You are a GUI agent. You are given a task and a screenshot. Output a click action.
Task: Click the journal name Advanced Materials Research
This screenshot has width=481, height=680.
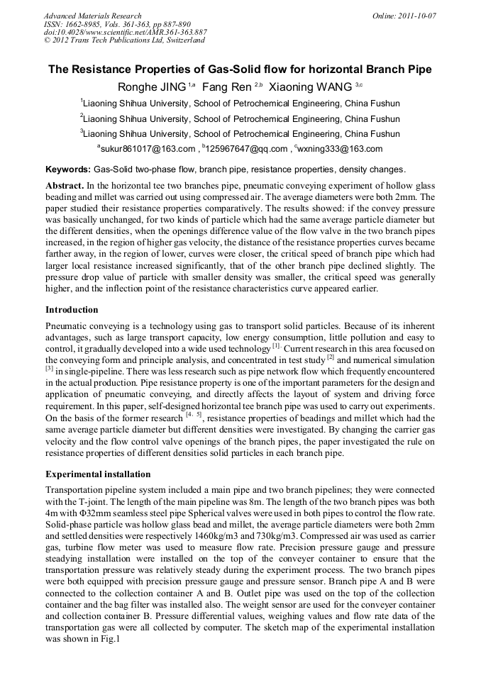pyautogui.click(x=92, y=16)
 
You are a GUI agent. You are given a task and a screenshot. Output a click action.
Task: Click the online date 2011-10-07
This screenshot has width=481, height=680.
pyautogui.click(x=418, y=16)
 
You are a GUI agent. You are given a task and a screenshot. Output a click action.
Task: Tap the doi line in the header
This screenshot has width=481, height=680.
pyautogui.click(x=125, y=33)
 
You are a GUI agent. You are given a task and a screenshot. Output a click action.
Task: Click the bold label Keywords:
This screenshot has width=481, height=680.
pyautogui.click(x=68, y=170)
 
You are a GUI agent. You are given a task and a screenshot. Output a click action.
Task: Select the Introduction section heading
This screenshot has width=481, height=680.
pyautogui.click(x=72, y=310)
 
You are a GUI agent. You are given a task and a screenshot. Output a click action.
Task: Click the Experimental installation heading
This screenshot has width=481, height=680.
pyautogui.click(x=97, y=474)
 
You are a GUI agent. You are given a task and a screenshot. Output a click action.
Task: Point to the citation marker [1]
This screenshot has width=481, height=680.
pyautogui.click(x=276, y=347)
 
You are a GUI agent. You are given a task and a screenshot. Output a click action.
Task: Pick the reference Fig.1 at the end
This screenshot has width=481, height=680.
pyautogui.click(x=107, y=639)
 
